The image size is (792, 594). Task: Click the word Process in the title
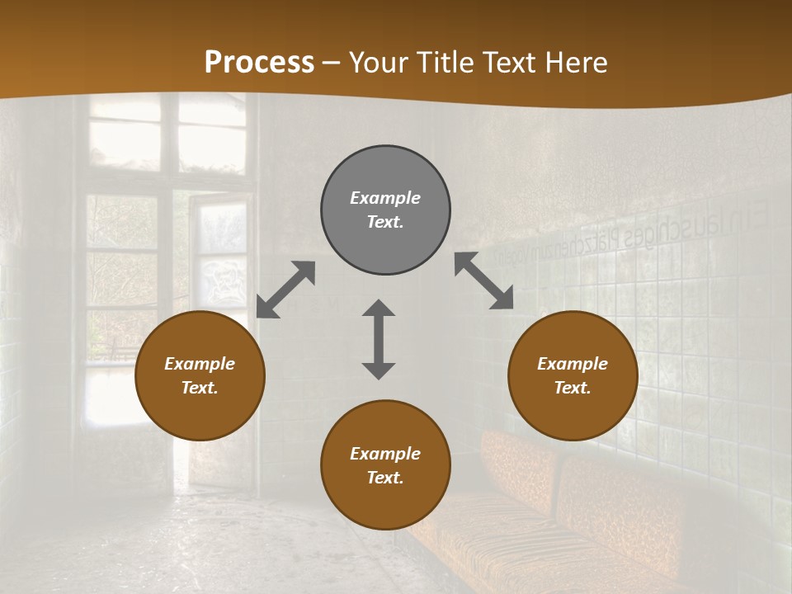coord(259,62)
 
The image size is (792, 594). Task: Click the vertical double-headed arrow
coord(379,339)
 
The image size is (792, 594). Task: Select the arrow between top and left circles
coord(285,290)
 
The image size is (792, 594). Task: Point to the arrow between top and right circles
coord(483,280)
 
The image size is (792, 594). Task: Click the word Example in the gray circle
coord(385,198)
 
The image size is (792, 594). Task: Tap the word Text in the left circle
coord(200,388)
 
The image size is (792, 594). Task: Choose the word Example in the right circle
coord(573,364)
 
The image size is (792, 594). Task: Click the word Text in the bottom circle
coord(385,478)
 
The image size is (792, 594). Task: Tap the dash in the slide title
coord(332,63)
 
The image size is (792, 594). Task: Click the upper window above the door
coord(165,136)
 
